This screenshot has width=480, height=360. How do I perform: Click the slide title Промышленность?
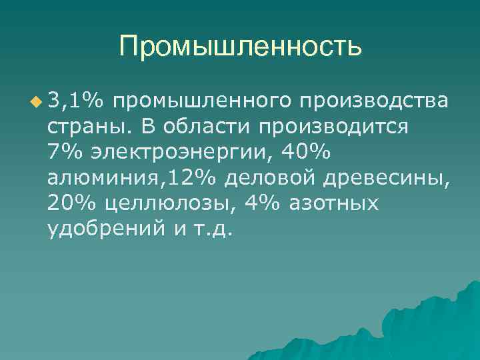tap(241, 46)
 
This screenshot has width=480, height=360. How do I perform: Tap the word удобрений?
tap(105, 229)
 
